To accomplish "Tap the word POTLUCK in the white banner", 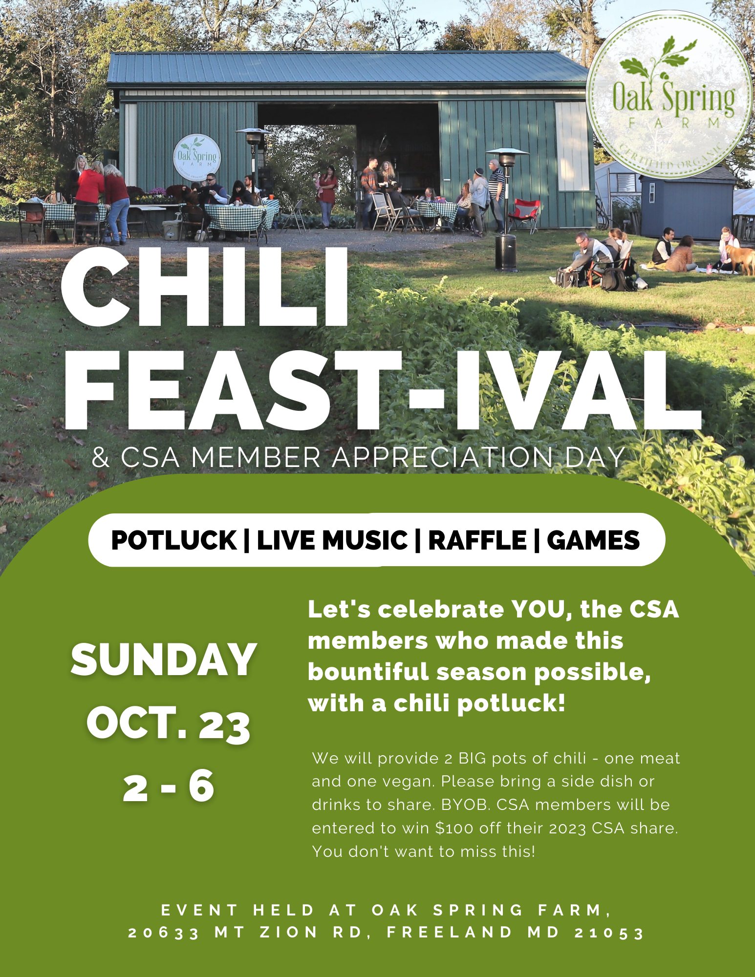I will (x=173, y=540).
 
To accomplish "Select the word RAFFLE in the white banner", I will (x=477, y=540).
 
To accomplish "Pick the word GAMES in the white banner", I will (x=593, y=540).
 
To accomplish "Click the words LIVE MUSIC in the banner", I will (x=332, y=540).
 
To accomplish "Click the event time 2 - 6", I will (x=169, y=786).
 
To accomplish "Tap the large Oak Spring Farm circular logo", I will (x=669, y=95).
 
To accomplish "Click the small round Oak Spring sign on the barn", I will (x=197, y=157).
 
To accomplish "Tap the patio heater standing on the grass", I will (x=506, y=210).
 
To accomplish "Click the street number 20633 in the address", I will (x=164, y=933).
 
